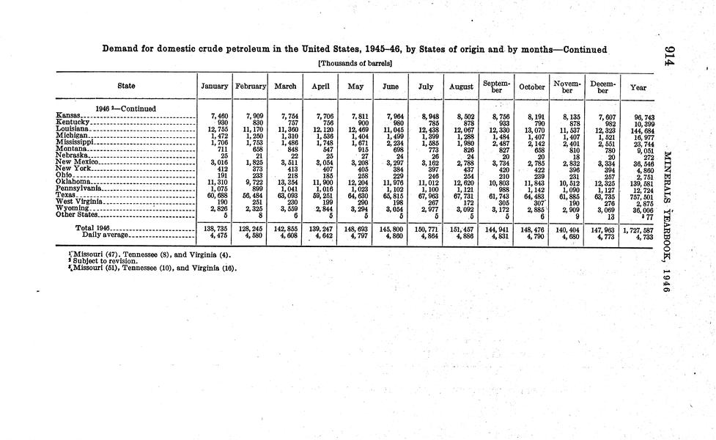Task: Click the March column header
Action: click(284, 87)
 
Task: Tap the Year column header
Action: click(638, 87)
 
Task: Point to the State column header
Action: click(126, 87)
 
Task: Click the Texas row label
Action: click(65, 196)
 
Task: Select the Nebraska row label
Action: click(72, 155)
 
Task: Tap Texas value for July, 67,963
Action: click(427, 196)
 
